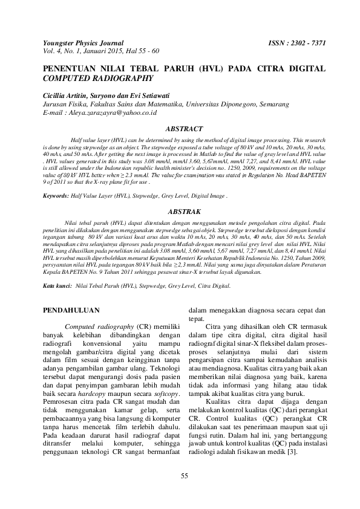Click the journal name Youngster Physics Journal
pyautogui.click(x=83, y=44)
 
